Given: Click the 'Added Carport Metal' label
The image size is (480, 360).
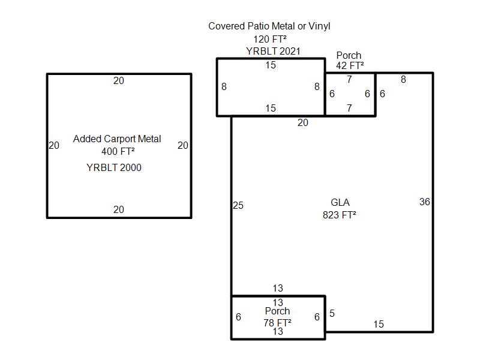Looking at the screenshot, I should tap(117, 139).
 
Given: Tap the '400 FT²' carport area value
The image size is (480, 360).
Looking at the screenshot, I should tap(118, 151).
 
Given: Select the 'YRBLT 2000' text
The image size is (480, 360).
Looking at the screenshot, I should tap(114, 168).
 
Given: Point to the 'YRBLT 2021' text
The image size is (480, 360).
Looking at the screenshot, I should tap(273, 52).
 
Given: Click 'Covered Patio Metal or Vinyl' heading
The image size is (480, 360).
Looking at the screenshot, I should tap(269, 26).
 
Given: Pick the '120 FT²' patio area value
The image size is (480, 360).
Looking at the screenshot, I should tap(269, 40).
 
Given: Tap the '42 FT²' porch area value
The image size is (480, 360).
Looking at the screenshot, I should tap(350, 66).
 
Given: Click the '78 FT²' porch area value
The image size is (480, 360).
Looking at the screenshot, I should tap(277, 323).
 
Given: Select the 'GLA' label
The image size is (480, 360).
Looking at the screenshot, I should tap(340, 202).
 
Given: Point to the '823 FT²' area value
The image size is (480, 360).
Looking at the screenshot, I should tap(340, 214).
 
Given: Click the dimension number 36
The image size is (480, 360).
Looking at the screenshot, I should tap(425, 202).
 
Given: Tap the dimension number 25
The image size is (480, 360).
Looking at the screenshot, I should tap(238, 206).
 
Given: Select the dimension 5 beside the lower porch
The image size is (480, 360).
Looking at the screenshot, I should tap(332, 314).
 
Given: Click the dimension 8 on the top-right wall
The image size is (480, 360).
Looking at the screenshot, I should tap(403, 80).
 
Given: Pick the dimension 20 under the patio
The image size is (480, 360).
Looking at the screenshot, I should tap(303, 123).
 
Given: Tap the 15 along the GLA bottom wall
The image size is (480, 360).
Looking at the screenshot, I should tap(379, 325).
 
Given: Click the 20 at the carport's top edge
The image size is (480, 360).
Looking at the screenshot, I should tap(119, 81).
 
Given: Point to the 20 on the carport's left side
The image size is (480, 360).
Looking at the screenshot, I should tap(54, 145).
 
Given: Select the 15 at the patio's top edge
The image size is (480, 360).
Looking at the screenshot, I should tap(271, 65).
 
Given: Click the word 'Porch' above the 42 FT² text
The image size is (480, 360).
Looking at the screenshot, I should tap(349, 56).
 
